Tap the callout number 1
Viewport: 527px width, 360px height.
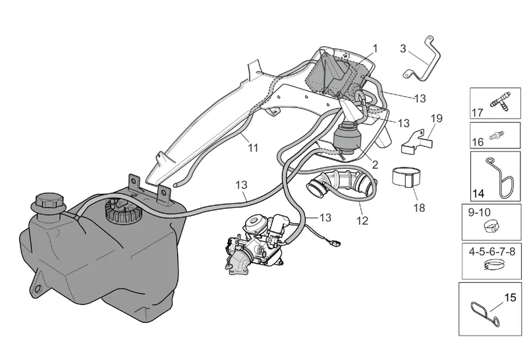point(375,49)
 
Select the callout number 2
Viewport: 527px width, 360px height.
point(375,165)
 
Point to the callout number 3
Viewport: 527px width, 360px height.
point(403,49)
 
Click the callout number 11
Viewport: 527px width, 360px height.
point(253,148)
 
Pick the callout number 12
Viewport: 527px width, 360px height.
point(362,221)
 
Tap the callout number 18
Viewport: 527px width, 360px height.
point(419,208)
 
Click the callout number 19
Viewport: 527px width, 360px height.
point(437,119)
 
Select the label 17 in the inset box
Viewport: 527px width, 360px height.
point(477,113)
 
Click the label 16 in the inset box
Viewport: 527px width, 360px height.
point(478,142)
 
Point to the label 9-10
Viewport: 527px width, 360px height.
point(480,212)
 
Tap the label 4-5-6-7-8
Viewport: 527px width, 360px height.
point(492,252)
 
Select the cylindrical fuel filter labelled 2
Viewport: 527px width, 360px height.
point(347,138)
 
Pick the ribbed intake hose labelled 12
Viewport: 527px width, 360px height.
point(341,185)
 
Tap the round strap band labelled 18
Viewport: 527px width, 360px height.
point(406,177)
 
